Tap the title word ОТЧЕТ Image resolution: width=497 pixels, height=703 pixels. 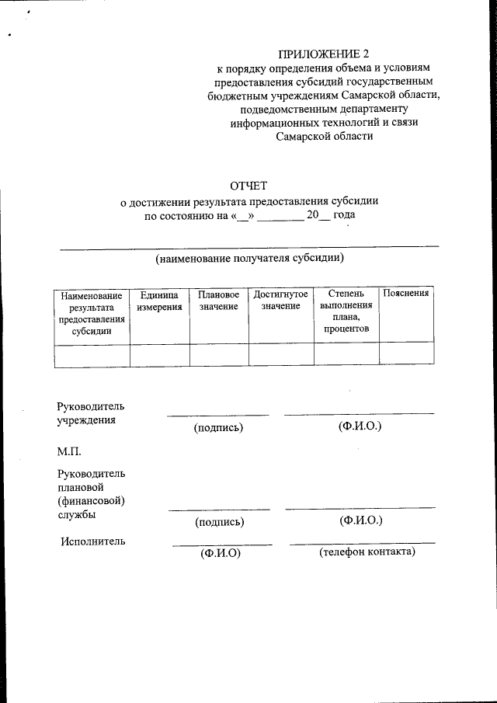click(x=248, y=186)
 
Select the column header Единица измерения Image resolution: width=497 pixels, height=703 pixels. click(x=159, y=301)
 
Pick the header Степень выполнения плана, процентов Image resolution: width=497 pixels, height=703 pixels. click(x=346, y=312)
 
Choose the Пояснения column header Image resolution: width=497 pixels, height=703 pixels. click(x=406, y=294)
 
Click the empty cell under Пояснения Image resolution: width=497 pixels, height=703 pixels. click(x=406, y=354)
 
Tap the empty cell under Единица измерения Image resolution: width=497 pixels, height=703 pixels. click(x=159, y=354)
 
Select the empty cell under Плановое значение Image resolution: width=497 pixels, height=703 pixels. click(x=218, y=354)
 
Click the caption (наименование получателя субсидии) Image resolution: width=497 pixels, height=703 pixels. click(x=249, y=258)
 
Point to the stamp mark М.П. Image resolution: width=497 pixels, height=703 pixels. click(x=68, y=452)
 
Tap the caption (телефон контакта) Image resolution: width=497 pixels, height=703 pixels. click(x=367, y=552)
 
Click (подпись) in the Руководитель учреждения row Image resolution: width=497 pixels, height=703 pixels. click(x=219, y=428)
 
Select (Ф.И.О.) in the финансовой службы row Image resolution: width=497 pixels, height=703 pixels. click(x=360, y=520)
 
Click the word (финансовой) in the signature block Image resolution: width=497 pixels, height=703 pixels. click(x=90, y=500)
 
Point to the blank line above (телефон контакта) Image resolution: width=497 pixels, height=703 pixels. click(x=362, y=542)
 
